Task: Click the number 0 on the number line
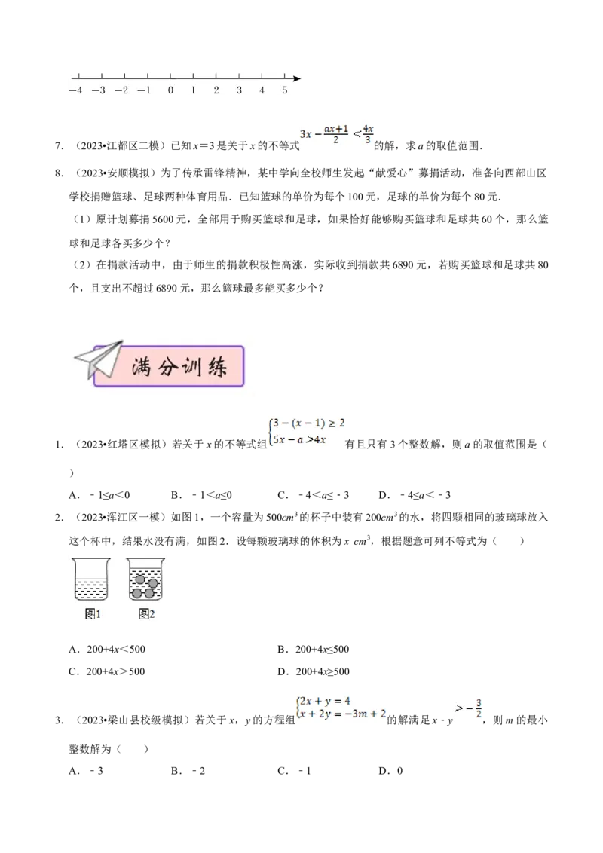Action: click(170, 90)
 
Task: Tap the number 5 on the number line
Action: click(285, 90)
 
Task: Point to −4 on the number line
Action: click(75, 90)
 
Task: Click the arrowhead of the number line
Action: click(297, 78)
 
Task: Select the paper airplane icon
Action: click(99, 359)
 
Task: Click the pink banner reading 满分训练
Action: click(169, 366)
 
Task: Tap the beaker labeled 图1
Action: click(91, 579)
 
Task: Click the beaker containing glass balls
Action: click(145, 579)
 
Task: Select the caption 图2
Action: click(147, 614)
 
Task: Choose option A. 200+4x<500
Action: click(107, 649)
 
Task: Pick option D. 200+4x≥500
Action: click(314, 671)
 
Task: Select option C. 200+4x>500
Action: click(107, 671)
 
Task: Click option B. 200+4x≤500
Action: click(314, 649)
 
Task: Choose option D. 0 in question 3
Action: click(390, 771)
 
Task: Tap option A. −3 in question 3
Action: click(86, 771)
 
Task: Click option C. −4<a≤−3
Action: click(314, 495)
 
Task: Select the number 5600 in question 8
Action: click(164, 219)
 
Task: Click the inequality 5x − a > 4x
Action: click(298, 439)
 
